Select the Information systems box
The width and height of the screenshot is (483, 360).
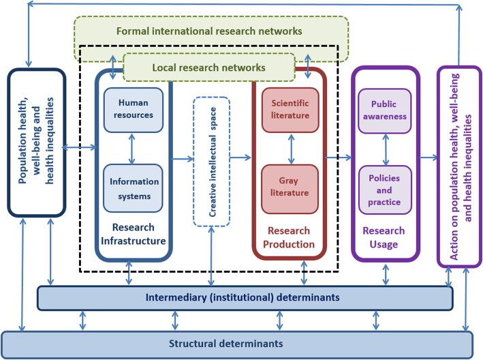[x=134, y=188]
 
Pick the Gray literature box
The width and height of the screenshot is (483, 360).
[x=290, y=187]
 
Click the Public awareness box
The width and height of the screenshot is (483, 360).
[x=388, y=110]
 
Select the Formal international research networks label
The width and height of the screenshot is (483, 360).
[x=210, y=31]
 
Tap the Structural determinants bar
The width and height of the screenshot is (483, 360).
[x=237, y=342]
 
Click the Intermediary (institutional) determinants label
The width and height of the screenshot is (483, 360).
[x=244, y=298]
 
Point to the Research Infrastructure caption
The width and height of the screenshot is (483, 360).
[x=134, y=234]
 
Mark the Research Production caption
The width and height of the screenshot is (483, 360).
[x=290, y=237]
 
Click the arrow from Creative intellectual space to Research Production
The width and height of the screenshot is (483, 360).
[x=240, y=158]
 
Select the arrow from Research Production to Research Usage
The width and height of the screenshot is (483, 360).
[x=339, y=158]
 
